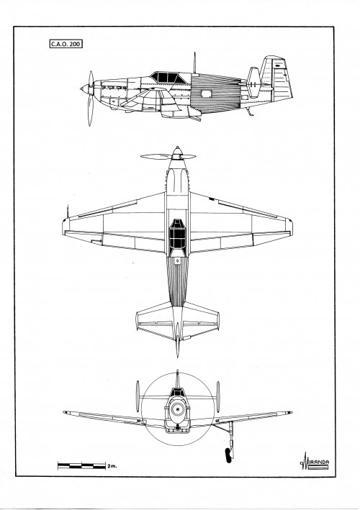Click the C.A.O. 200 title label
(66, 44)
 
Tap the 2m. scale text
(112, 466)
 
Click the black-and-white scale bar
(81, 465)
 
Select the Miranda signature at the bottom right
(315, 462)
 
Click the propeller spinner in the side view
(85, 88)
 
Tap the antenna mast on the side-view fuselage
(194, 63)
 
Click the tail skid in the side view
(250, 111)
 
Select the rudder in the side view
(282, 79)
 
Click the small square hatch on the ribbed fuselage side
(206, 94)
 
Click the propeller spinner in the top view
(177, 153)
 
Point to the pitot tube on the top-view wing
(68, 211)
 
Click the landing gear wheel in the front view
(228, 455)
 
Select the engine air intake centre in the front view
(178, 409)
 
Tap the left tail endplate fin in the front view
(138, 396)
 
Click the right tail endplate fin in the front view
(217, 397)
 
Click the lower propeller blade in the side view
(90, 111)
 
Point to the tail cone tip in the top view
(177, 355)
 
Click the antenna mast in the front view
(177, 378)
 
